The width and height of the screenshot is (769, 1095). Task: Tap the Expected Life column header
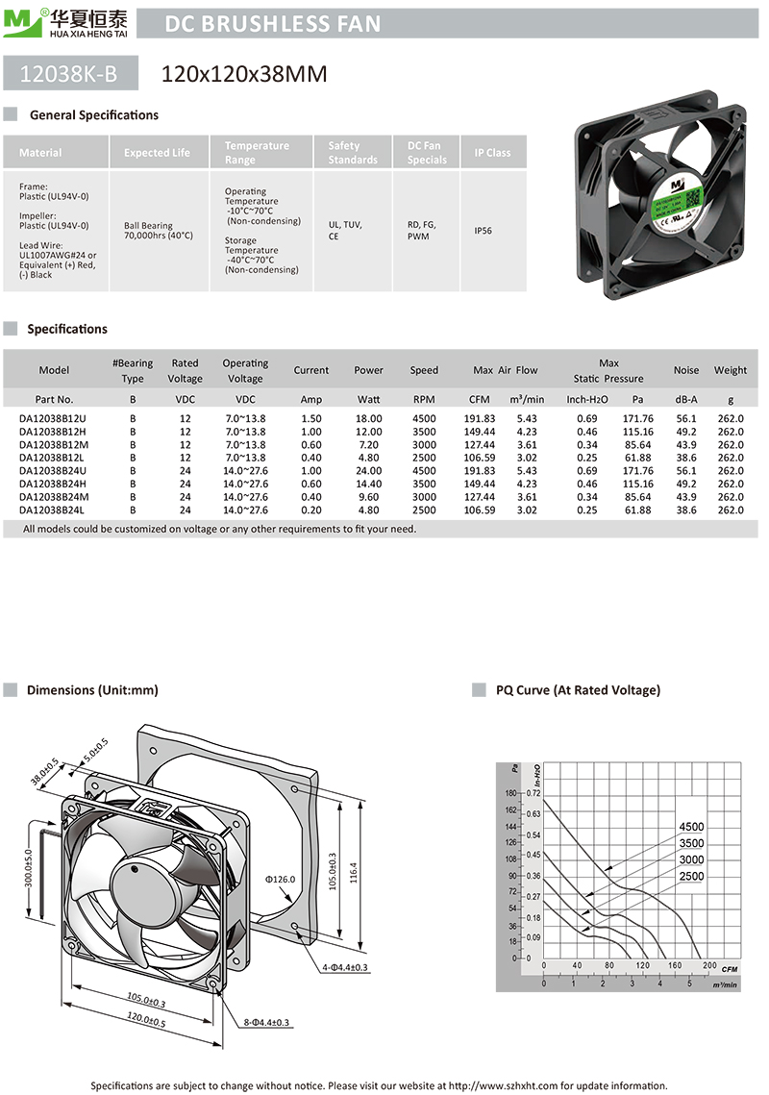[x=157, y=153]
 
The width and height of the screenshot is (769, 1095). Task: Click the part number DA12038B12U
[x=53, y=418]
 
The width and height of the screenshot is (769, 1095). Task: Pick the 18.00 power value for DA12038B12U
[x=368, y=418]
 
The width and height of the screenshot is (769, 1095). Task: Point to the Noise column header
[x=686, y=370]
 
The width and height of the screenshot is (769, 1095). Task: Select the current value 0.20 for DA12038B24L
[x=311, y=510]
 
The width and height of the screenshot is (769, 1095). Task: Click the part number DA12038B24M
[x=53, y=497]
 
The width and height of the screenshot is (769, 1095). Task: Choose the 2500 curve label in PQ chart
[x=691, y=877]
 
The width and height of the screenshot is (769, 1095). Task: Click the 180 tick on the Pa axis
[x=509, y=794]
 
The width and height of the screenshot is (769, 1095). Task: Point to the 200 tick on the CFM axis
[x=708, y=965]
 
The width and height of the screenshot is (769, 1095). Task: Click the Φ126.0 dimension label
[x=281, y=879]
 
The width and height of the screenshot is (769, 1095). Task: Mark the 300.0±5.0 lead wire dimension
[x=28, y=867]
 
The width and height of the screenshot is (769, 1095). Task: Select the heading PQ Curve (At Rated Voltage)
[x=578, y=690]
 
